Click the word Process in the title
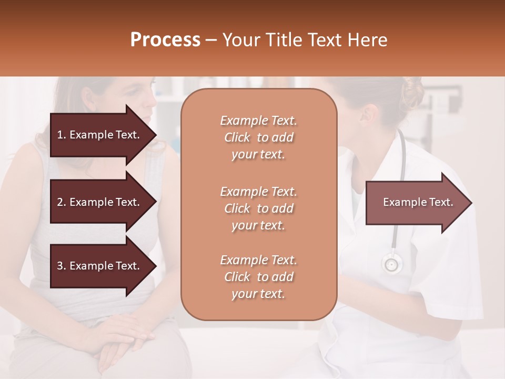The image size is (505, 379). coord(165,40)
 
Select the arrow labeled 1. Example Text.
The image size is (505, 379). coord(100,135)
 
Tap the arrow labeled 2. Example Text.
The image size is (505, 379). coord(100,202)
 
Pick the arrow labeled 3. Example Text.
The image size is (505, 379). coord(100,266)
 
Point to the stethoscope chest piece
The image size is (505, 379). coord(391,263)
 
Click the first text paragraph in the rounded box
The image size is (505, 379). coord(258,137)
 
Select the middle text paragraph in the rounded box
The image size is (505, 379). coord(258,208)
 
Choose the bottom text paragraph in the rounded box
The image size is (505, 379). coord(258,277)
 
